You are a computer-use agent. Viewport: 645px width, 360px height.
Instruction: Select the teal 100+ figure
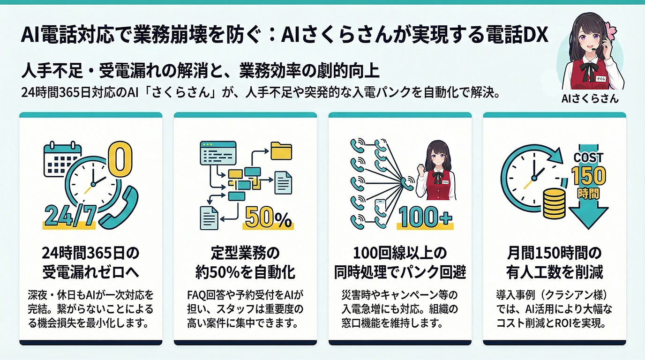425,217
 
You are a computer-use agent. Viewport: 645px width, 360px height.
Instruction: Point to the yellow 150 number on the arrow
588,176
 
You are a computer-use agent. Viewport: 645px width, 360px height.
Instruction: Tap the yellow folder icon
281,150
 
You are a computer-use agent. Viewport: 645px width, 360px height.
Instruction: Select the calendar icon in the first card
61,159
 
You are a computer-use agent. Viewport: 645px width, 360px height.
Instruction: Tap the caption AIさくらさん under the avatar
590,99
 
